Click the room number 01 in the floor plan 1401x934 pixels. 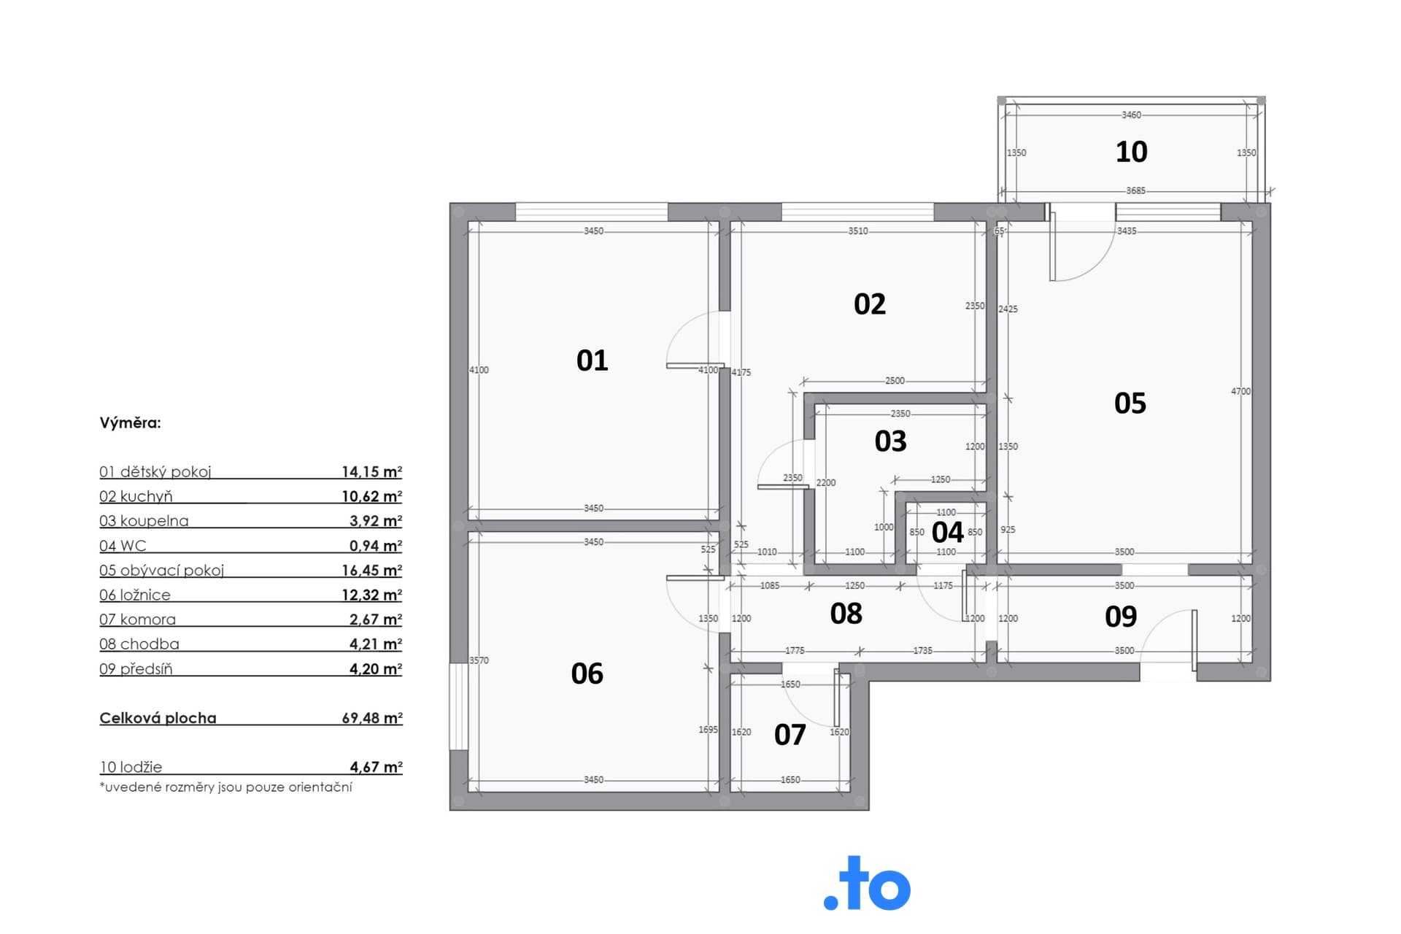[592, 360]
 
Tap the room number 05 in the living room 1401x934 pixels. [1130, 404]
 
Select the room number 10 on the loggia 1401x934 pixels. [1131, 152]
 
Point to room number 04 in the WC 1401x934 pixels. [947, 532]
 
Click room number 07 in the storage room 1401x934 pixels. [790, 735]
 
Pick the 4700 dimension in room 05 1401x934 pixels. [1240, 392]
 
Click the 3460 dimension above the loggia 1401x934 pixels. [1131, 115]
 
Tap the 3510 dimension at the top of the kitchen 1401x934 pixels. [858, 231]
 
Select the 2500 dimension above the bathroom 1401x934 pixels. [895, 381]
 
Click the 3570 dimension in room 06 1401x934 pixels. [479, 660]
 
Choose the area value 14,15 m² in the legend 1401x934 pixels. [372, 471]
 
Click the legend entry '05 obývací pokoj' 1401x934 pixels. [161, 571]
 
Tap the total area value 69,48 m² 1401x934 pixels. [372, 718]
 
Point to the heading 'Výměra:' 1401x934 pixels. [130, 423]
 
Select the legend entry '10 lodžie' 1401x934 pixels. [131, 767]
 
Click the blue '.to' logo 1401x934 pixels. [867, 884]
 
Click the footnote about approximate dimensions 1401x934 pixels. [225, 787]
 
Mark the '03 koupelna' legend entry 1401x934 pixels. [144, 521]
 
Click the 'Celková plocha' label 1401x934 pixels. [158, 718]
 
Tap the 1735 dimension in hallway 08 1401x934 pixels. [922, 651]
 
